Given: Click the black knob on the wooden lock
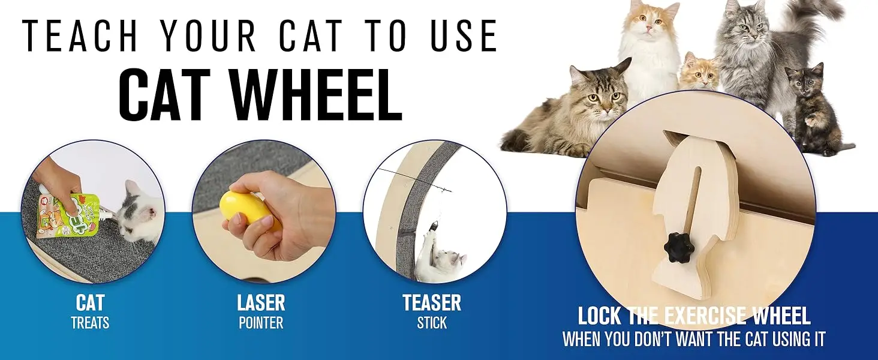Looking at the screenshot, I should point(680,247).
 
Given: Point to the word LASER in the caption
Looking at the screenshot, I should point(261,302).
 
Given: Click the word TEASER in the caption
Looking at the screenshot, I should point(432,302).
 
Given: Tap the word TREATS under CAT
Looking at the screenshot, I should point(90,323).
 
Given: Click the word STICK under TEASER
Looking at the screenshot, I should point(432,323).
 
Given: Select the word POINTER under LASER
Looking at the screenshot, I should point(261,323).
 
